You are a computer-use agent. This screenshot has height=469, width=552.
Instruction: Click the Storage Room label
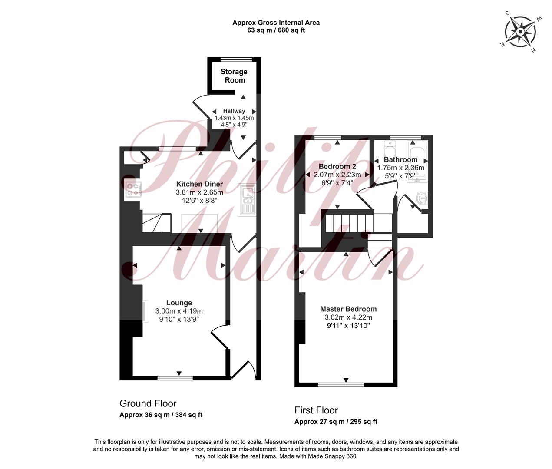click(x=234, y=76)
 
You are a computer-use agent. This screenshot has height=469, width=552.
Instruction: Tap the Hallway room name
click(x=234, y=111)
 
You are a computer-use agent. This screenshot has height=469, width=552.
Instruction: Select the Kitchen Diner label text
click(x=199, y=184)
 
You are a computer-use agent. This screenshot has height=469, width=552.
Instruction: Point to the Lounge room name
click(x=179, y=303)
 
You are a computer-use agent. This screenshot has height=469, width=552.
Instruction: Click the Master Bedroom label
click(x=348, y=309)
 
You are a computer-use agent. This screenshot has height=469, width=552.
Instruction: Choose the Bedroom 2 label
click(x=337, y=166)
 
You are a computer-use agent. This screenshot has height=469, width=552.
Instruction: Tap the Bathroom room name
click(x=400, y=159)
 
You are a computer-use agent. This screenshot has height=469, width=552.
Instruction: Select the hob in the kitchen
click(x=133, y=189)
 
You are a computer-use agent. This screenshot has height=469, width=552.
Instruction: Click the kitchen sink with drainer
click(x=247, y=200)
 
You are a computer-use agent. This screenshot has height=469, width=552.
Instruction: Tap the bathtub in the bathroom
click(x=416, y=161)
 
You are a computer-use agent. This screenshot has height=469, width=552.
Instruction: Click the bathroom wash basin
click(x=422, y=198)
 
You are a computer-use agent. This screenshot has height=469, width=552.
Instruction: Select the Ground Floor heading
click(x=148, y=403)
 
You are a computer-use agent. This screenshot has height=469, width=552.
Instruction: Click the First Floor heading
click(x=316, y=410)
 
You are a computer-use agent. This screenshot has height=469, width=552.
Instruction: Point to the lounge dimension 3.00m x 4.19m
click(x=179, y=311)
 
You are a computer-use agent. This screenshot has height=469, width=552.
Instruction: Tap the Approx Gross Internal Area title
click(x=276, y=23)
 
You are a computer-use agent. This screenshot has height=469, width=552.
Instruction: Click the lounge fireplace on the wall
click(x=144, y=311)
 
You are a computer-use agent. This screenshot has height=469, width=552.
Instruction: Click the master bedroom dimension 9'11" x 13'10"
click(x=348, y=326)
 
